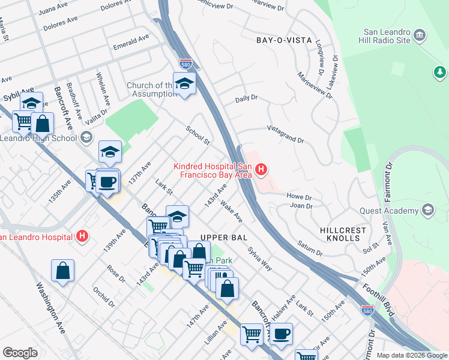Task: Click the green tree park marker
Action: click(x=440, y=73)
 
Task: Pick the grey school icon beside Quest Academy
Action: click(x=427, y=210)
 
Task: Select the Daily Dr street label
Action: click(x=246, y=98)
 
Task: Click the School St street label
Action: click(x=197, y=135)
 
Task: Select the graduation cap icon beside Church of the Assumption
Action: click(x=185, y=84)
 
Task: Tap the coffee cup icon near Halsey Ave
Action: click(x=281, y=334)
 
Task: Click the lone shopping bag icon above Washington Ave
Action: click(x=62, y=271)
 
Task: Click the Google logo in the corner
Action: click(x=20, y=353)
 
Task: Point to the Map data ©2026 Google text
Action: click(x=411, y=355)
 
